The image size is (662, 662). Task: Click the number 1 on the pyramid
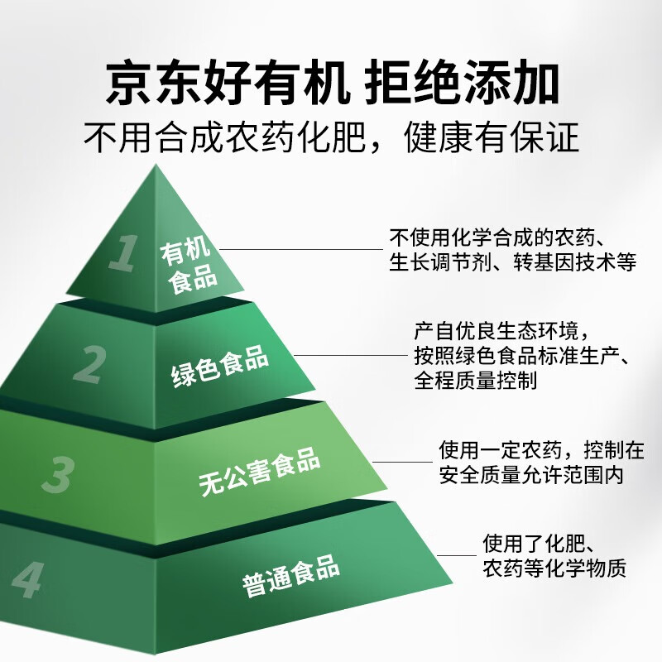pos(123,252)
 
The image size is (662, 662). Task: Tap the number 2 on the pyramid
pos(90,364)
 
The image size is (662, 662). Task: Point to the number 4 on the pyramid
pos(28,580)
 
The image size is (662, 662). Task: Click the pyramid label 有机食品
pos(189,265)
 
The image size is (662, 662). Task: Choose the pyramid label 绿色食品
pos(220,366)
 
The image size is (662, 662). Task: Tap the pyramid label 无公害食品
pos(259,471)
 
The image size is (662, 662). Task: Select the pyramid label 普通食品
pos(291,575)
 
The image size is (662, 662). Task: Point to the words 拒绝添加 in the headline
pos(462,82)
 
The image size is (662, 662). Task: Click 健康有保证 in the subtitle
pos(491,137)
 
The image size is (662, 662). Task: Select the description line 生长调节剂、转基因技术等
pos(512,262)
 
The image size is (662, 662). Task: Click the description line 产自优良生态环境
pos(496,331)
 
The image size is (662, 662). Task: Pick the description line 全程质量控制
pos(475,381)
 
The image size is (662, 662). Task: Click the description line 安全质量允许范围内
pos(531,475)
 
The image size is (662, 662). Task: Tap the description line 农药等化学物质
pos(554,568)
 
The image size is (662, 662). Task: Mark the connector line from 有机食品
pos(301,249)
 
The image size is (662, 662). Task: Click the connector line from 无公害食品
pos(402,462)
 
